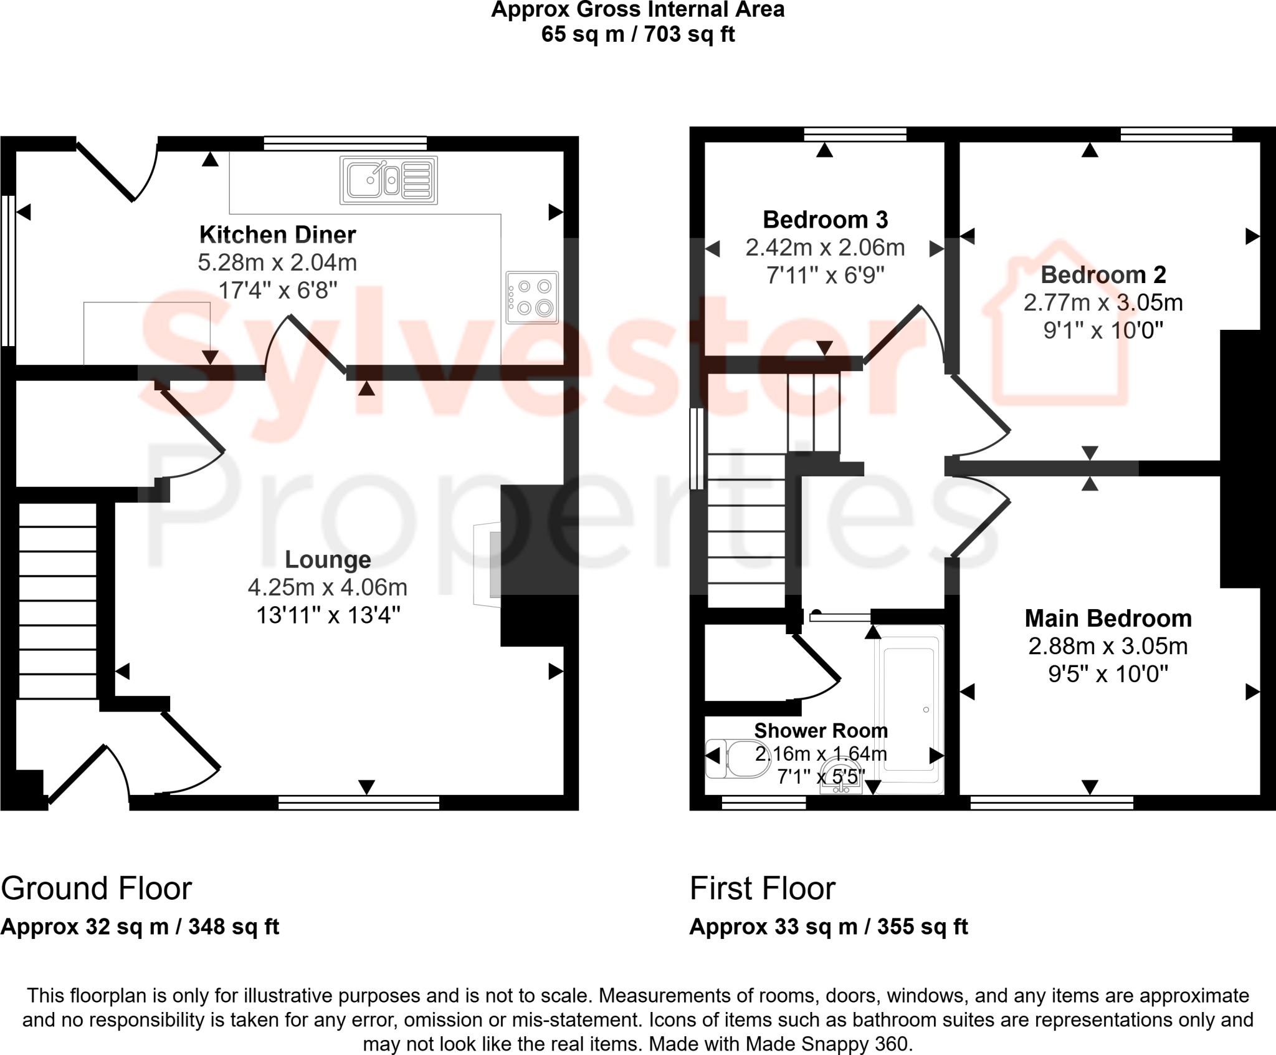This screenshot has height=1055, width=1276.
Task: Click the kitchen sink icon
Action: coord(388,180)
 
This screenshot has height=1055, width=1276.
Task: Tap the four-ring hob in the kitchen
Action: coord(532,297)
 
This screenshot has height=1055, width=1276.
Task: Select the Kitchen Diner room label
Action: coord(277,234)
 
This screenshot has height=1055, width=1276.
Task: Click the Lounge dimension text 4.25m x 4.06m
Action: coord(328,587)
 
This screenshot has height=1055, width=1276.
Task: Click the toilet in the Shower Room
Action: coord(737,758)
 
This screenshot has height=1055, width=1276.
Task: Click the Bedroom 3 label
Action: coord(825,219)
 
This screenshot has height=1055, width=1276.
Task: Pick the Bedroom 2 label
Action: coord(1103,274)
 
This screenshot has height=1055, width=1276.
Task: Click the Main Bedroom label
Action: coord(1108,618)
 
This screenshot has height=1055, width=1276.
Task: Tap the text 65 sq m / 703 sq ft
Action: coord(637,34)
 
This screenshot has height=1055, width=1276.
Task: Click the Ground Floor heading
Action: coord(97,888)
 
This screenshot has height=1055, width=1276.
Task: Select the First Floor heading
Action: coord(762,888)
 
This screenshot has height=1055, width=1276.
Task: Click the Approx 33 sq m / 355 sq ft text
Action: coord(828,927)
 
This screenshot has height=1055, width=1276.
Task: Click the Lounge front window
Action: coord(358,802)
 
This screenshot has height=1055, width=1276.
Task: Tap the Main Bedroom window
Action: coord(1052,802)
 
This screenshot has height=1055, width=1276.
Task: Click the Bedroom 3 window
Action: coord(855,134)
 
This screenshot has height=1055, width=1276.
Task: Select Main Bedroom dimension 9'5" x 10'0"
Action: coord(1108,673)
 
